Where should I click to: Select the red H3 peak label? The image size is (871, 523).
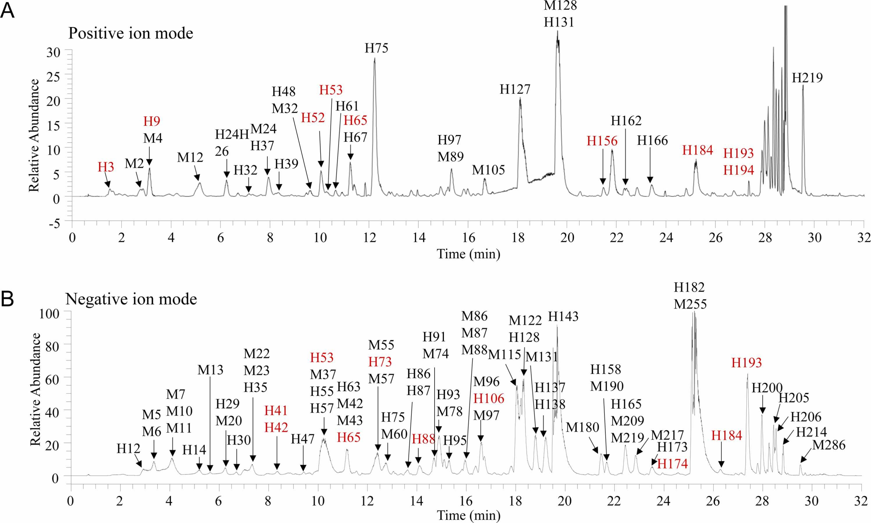tap(106, 167)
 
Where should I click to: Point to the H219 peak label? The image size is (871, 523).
tap(807, 78)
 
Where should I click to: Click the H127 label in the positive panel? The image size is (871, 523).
tap(515, 89)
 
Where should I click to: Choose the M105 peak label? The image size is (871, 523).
tap(488, 170)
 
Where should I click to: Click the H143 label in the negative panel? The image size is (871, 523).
tap(563, 316)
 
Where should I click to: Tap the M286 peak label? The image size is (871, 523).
tap(829, 445)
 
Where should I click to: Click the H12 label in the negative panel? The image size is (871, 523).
tap(128, 449)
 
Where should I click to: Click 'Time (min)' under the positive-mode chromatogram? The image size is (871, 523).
tap(468, 254)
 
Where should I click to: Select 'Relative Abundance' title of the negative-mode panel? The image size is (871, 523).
tap(35, 389)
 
